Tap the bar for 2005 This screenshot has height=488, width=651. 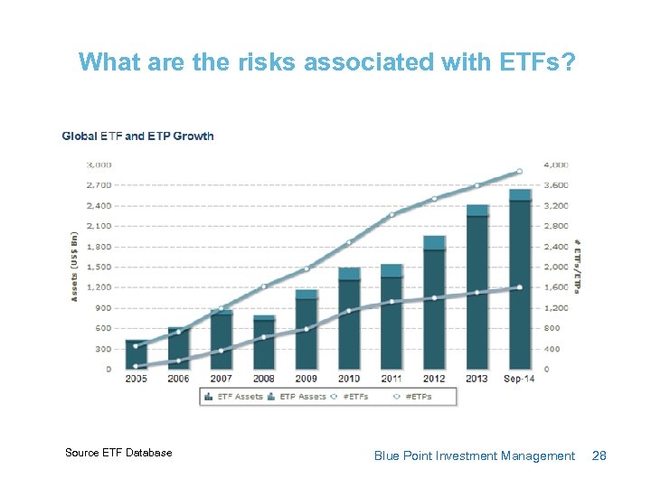(136, 354)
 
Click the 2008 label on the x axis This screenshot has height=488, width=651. (264, 379)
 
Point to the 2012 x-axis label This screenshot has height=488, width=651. (434, 379)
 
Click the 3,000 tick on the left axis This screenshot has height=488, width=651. (99, 164)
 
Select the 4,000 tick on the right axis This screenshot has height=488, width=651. (557, 164)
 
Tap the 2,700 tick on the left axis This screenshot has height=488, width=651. (99, 185)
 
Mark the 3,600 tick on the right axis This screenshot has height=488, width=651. (557, 185)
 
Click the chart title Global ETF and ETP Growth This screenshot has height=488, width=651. (137, 136)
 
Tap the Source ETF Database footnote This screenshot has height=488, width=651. (118, 453)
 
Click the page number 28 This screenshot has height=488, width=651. (599, 456)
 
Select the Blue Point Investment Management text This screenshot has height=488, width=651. (474, 456)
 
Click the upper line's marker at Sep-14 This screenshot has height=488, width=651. (519, 171)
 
